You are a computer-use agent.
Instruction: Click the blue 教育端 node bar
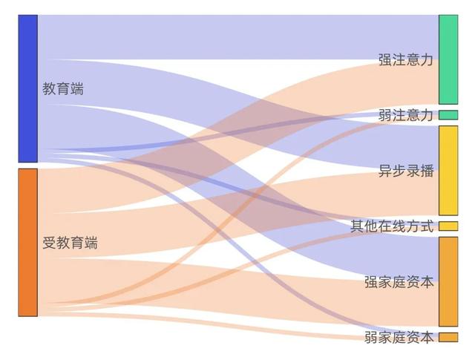27,88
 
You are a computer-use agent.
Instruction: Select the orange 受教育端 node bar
27,242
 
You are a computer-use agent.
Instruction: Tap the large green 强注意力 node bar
448,59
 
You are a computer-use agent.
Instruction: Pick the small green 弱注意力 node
448,115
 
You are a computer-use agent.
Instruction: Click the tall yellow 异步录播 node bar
448,170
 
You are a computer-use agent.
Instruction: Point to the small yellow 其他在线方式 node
448,226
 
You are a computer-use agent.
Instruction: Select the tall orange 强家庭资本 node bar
448,281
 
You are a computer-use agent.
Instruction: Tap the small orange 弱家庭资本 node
448,338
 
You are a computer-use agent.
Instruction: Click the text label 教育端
63,89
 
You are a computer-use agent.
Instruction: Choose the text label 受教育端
70,243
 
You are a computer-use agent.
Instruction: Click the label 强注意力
405,60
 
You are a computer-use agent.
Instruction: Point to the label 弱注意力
405,115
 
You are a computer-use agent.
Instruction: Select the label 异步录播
405,171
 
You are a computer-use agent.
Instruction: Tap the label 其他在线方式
392,226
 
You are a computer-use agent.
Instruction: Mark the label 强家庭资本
399,282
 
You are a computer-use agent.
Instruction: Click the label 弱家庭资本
399,338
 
